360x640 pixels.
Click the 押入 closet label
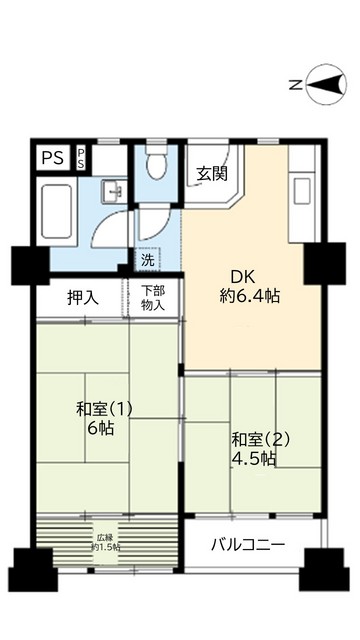click(83, 297)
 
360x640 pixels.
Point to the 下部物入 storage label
click(153, 297)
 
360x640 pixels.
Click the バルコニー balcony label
click(248, 545)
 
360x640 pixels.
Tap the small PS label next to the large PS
click(81, 159)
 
